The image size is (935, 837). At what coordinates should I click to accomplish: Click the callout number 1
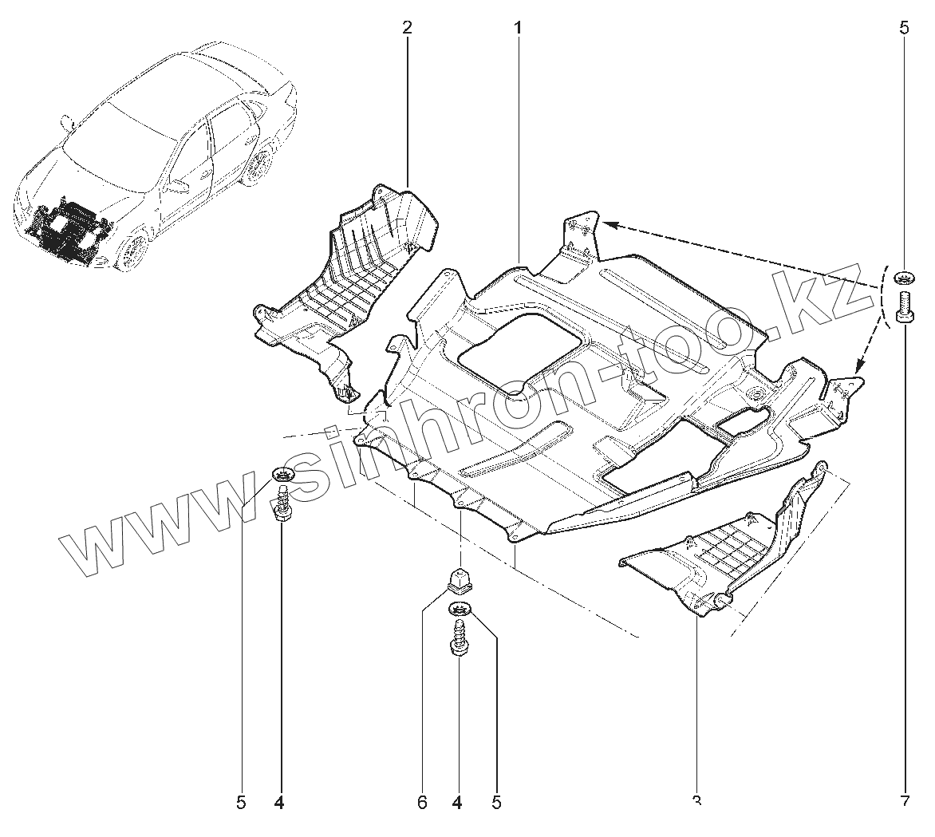tap(518, 28)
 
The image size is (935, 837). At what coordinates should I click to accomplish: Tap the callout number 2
tap(407, 28)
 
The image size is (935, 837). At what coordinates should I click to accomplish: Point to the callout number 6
tap(421, 801)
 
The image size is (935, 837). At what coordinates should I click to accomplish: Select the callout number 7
tap(904, 801)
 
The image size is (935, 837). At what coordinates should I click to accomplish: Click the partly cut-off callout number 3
tap(696, 799)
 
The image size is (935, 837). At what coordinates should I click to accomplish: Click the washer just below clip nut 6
tap(460, 611)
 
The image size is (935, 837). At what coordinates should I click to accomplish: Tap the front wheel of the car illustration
tap(132, 252)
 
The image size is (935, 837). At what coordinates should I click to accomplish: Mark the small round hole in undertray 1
tap(753, 395)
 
